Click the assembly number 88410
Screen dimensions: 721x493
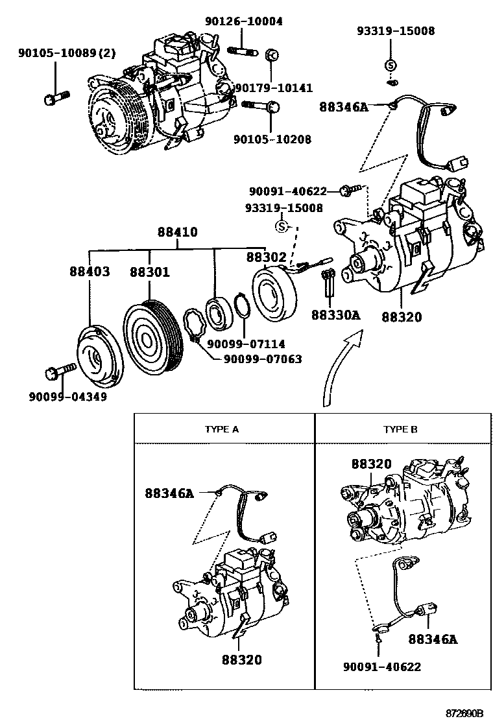tap(176, 232)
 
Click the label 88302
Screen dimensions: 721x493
tap(266, 257)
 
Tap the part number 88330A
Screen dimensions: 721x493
tap(335, 316)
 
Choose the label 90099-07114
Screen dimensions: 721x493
tap(246, 344)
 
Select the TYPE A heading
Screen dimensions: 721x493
tap(222, 429)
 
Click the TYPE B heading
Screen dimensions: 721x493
tap(400, 429)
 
